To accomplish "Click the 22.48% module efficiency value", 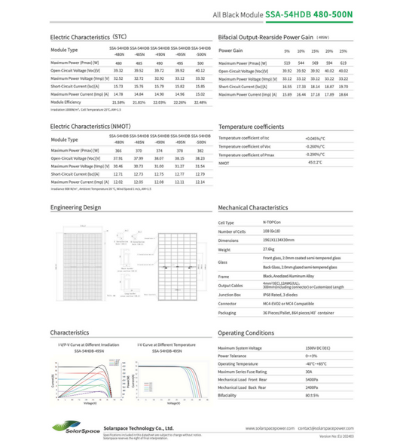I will pyautogui.click(x=200, y=102).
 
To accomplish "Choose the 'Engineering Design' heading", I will pyautogui.click(x=75, y=207).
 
